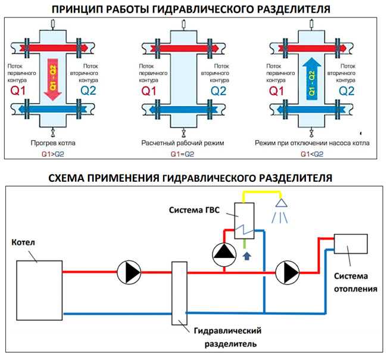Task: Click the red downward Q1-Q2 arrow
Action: tap(53, 79)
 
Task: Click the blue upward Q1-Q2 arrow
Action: tap(312, 79)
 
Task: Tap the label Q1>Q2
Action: tap(53, 154)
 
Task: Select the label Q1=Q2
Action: tap(182, 154)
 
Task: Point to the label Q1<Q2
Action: tap(312, 154)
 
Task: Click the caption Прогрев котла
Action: tap(53, 143)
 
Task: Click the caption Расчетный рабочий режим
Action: tap(183, 143)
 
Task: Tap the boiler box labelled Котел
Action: tap(39, 290)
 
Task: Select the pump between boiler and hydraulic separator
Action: tap(129, 272)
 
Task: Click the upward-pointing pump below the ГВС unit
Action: tap(224, 255)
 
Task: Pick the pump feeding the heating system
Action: tap(288, 273)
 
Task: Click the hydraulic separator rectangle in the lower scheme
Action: tap(179, 293)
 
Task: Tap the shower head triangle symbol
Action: tap(282, 203)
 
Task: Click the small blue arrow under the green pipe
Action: tap(247, 256)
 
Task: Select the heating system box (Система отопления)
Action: tap(351, 244)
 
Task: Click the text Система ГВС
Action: tap(194, 210)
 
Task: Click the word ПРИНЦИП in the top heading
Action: tap(78, 10)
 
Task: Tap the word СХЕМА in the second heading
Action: tap(65, 178)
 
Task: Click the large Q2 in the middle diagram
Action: tap(219, 91)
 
